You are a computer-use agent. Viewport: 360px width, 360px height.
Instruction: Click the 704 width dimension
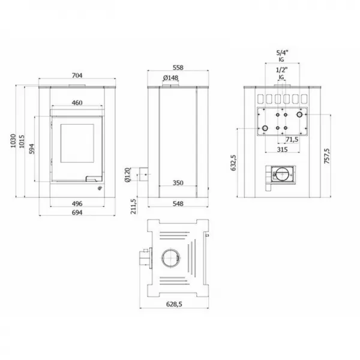pos(77,76)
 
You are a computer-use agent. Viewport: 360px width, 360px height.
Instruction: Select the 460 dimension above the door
pos(77,103)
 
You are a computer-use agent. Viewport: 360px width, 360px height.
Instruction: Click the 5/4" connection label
pos(281,54)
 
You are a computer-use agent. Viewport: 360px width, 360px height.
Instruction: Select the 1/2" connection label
pos(281,71)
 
